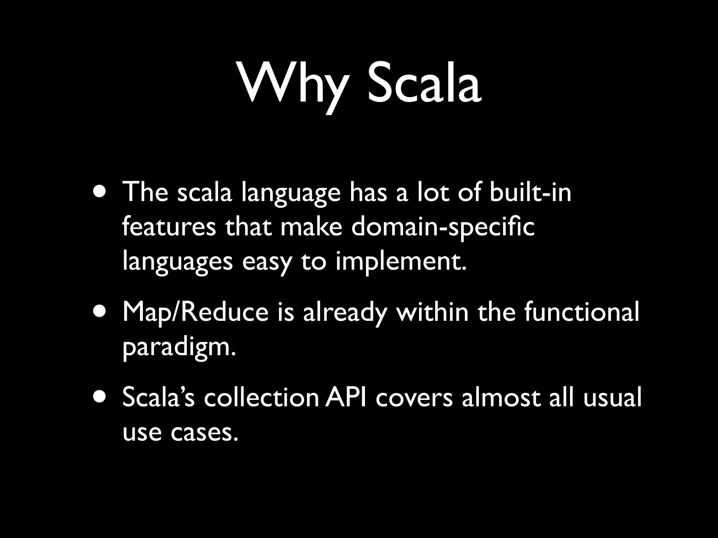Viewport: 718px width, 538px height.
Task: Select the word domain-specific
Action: [x=442, y=228]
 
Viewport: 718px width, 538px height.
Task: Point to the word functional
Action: [x=582, y=312]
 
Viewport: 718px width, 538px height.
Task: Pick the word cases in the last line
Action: [x=202, y=432]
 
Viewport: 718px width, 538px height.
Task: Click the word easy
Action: [x=266, y=262]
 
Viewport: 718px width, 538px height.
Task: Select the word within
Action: [x=432, y=312]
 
